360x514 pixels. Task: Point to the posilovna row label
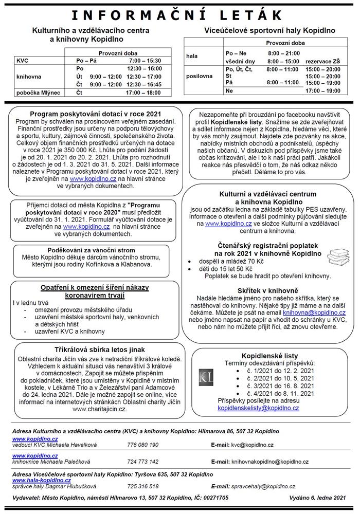click(199, 76)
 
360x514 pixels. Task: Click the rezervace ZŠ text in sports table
click(322, 61)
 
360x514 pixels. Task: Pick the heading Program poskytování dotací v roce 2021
click(96, 114)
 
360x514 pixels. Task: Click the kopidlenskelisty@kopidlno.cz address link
click(258, 408)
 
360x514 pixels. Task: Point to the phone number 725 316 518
click(143, 486)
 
